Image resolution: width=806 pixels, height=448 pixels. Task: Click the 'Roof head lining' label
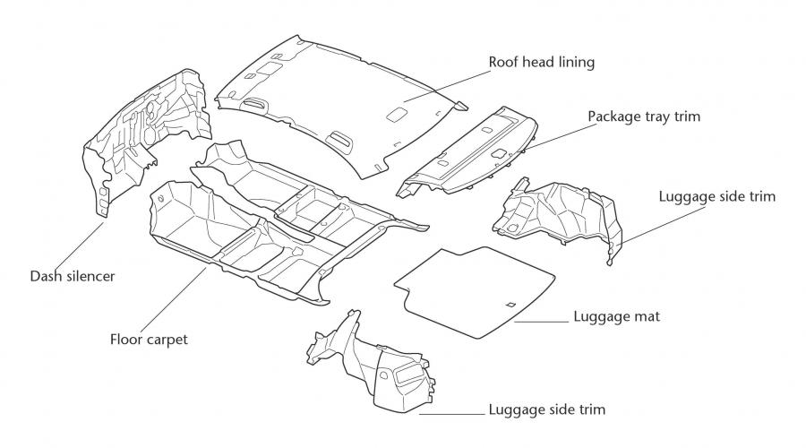[x=541, y=62]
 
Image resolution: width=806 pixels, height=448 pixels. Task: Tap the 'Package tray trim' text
[x=644, y=116]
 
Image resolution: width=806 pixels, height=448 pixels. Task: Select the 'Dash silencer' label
[x=73, y=276]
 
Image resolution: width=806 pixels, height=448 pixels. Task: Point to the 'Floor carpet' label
[x=149, y=340]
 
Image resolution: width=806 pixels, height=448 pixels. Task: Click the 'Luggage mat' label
[x=616, y=316]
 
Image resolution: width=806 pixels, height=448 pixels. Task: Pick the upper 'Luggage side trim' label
[x=717, y=196]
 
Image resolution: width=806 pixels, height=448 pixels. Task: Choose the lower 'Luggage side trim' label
[x=547, y=409]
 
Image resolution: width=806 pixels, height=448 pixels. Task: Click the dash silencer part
[x=147, y=139]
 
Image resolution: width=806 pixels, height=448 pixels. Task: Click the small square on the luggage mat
[x=510, y=304]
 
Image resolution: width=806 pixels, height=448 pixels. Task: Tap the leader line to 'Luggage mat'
[x=542, y=322]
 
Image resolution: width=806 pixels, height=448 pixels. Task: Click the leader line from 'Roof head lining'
[x=446, y=87]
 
